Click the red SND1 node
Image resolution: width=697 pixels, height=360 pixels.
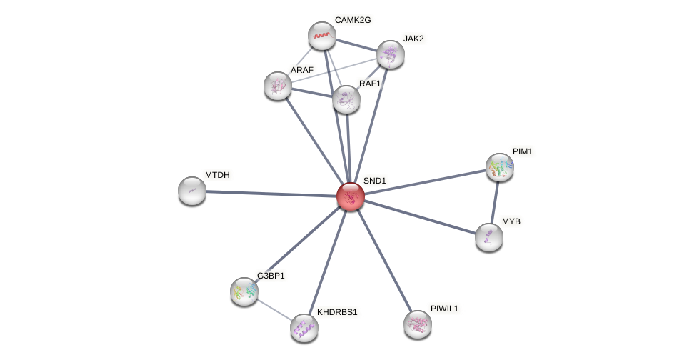(351, 196)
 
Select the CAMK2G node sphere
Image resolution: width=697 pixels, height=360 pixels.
(322, 36)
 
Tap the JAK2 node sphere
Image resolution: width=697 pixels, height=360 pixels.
(391, 54)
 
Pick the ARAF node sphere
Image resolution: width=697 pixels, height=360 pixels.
(278, 86)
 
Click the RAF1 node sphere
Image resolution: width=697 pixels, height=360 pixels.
(346, 99)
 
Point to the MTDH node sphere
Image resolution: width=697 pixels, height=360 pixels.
(192, 191)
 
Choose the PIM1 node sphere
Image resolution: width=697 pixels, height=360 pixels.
(500, 167)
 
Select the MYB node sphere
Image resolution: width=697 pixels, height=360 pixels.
(489, 237)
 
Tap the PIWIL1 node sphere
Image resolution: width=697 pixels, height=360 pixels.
(418, 324)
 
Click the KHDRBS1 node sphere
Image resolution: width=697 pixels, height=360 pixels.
(304, 328)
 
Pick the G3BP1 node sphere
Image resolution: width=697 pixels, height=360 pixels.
(244, 291)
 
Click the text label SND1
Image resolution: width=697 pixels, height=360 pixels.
(374, 181)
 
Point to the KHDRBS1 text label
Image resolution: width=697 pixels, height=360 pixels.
(337, 312)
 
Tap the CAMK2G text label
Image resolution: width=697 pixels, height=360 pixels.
(353, 20)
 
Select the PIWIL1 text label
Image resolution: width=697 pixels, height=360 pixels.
(444, 309)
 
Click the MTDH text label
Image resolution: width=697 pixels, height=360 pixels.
(217, 175)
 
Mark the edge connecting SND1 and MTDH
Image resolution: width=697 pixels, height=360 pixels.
(271, 194)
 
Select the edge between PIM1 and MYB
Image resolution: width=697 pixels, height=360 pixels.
(495, 202)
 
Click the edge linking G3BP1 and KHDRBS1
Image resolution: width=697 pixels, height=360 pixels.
(274, 310)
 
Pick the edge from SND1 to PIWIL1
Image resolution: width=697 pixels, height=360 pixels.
(384, 260)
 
